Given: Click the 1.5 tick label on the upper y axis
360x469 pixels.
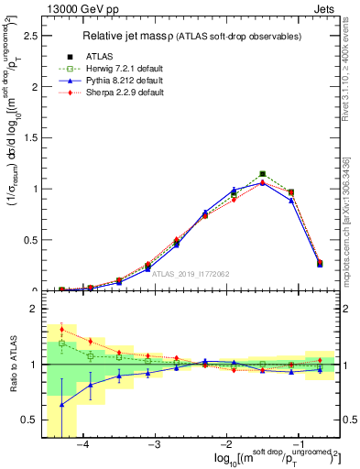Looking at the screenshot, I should tap(29, 137).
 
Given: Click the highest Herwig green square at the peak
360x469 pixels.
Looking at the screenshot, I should tap(263, 173).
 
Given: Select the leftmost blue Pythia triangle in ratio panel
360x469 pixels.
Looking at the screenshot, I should tap(61, 404).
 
